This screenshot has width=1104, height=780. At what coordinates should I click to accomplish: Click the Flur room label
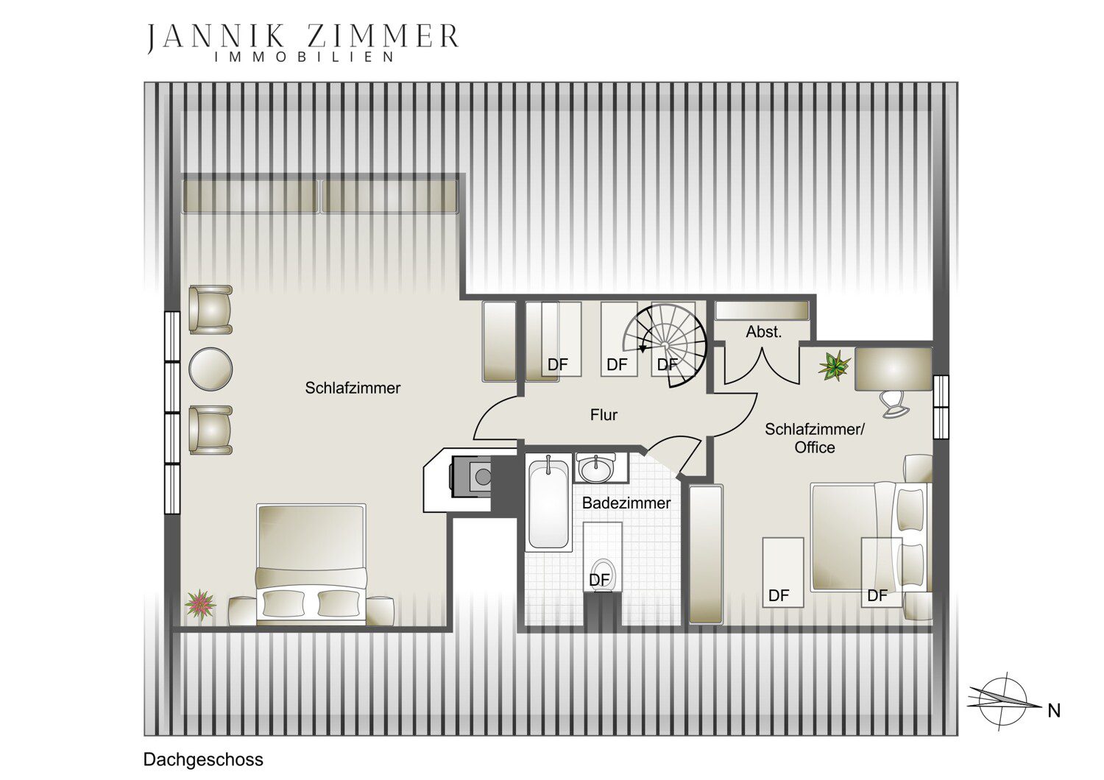coord(604,415)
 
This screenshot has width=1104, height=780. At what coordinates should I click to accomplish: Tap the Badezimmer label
coord(626,503)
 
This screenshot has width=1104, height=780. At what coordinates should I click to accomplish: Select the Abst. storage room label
coord(763,332)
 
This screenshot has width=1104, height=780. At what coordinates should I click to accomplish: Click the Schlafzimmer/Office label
coord(814,438)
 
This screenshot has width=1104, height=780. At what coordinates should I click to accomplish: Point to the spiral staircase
coord(665,345)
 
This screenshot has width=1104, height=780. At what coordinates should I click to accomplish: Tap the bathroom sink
coord(596,468)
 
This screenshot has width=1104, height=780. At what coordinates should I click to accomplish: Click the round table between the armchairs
coord(210,369)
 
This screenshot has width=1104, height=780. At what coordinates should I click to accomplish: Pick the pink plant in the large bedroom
coord(200,605)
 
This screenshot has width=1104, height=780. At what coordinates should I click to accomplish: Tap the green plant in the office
coord(834,366)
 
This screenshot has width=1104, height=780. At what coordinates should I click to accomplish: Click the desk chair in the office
coord(894,404)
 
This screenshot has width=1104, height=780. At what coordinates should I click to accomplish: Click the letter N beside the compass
coord(1054,711)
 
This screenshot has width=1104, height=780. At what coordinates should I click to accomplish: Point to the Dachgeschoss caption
coord(203,759)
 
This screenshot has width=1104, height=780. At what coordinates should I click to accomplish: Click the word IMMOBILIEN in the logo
coord(304,57)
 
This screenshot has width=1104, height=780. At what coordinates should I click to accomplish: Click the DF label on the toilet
coord(599,580)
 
